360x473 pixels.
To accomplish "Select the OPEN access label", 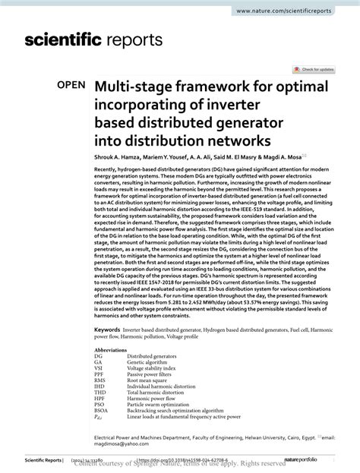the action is (69, 87).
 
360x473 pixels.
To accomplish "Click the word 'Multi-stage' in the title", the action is (137, 87).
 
